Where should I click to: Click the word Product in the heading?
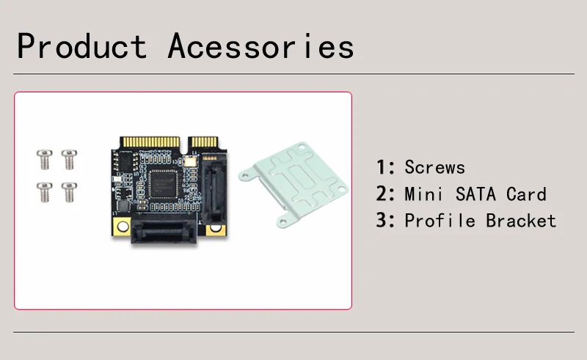tap(81, 47)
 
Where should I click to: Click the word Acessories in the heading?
tap(260, 47)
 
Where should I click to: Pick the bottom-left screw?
tap(43, 191)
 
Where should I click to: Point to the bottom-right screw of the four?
tap(68, 191)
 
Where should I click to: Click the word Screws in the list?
tap(434, 167)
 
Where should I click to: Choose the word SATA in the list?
tap(466, 194)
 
